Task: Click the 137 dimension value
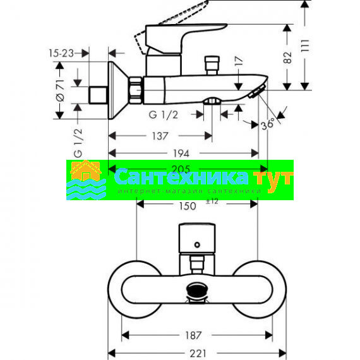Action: click(160, 136)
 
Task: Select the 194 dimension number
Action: click(181, 153)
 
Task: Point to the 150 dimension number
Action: click(188, 206)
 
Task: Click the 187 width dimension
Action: click(193, 335)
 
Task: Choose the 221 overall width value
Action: click(198, 353)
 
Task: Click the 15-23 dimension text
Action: click(61, 53)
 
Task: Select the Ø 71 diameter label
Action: click(60, 90)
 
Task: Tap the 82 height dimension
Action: click(287, 57)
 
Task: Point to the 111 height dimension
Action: click(305, 45)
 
